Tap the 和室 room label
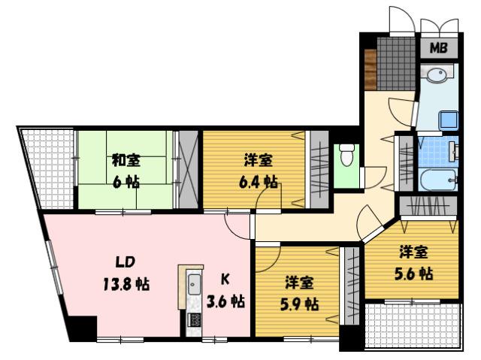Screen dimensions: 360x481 [125, 160]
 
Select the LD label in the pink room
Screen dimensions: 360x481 [126, 262]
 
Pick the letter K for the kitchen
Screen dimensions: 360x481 [225, 280]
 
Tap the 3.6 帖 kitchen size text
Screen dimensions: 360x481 [225, 301]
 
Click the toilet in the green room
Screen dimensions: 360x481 [346, 156]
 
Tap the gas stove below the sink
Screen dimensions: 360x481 [193, 319]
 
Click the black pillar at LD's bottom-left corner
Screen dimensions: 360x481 [82, 328]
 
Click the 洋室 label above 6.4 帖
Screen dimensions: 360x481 [259, 160]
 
